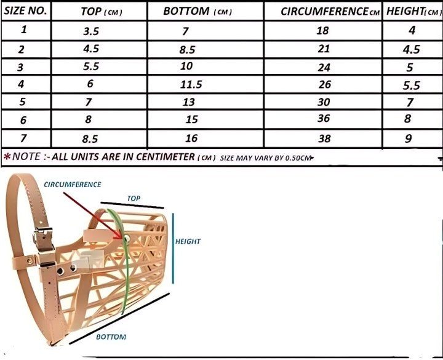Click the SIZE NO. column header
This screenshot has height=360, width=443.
tap(25, 10)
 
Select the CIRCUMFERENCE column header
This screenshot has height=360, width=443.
tap(330, 11)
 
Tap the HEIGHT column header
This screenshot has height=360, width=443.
tap(413, 11)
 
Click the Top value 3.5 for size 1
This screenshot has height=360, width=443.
tap(91, 31)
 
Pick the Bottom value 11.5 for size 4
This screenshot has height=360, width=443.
tap(191, 84)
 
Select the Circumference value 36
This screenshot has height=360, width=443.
tap(324, 118)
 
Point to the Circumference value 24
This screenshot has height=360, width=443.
tap(324, 67)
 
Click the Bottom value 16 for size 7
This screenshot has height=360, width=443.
tap(191, 138)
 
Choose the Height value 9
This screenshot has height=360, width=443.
tap(409, 138)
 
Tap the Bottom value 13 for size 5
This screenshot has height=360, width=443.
tap(188, 102)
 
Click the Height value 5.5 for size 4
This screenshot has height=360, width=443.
tap(412, 85)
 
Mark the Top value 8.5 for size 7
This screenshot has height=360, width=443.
tap(90, 138)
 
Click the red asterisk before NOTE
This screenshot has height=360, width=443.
tap(7, 156)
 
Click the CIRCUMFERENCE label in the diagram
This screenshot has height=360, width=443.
tap(73, 185)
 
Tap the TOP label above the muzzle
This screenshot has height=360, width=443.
tap(134, 198)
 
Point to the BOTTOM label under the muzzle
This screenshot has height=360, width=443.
tap(111, 337)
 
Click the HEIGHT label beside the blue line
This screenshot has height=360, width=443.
tap(188, 241)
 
